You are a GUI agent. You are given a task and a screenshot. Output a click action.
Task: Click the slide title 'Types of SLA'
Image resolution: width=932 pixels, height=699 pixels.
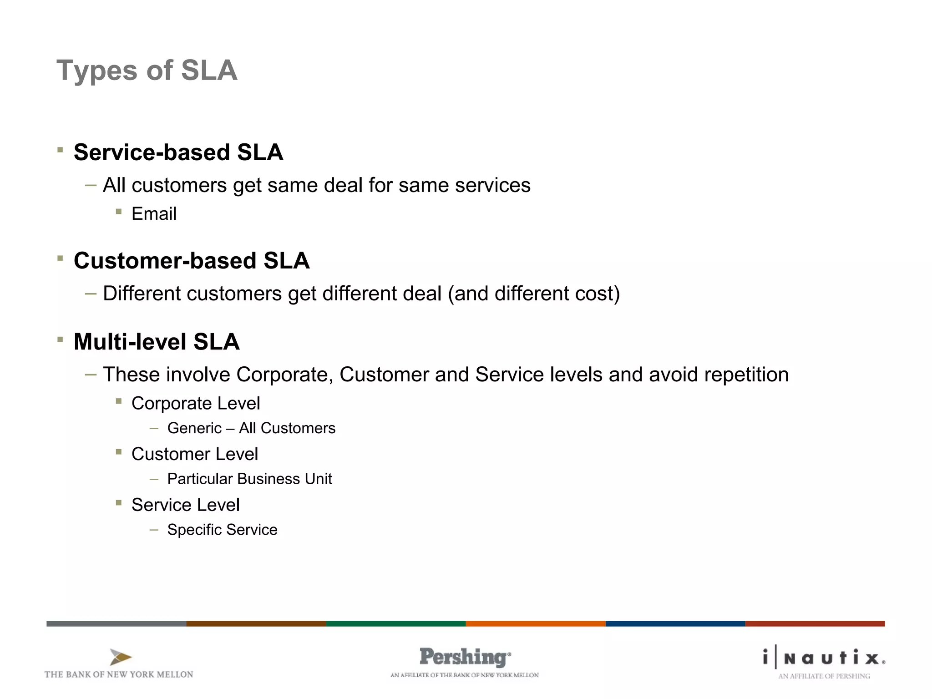[147, 71]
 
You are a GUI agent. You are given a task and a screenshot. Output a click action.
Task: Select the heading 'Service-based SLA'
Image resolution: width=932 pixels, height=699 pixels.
[178, 152]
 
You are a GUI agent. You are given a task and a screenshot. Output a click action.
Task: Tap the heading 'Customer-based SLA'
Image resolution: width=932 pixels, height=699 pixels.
[192, 261]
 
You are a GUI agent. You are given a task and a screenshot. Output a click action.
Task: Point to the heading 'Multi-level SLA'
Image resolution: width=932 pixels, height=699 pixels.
[157, 342]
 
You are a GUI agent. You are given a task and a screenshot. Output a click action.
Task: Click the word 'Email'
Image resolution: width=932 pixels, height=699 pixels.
[154, 214]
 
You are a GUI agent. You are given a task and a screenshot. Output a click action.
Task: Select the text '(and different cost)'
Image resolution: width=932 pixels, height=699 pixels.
[534, 294]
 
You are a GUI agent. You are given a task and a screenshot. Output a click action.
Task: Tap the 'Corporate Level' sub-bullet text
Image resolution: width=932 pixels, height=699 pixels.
[196, 403]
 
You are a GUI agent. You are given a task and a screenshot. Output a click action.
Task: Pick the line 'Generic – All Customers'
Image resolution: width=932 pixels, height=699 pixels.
[251, 428]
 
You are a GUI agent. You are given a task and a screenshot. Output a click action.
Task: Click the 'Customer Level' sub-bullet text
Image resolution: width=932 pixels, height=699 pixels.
[195, 454]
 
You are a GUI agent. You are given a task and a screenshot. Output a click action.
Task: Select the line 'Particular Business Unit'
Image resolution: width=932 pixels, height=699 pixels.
[249, 479]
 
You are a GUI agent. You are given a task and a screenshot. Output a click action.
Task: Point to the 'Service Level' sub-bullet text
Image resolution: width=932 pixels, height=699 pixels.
[185, 505]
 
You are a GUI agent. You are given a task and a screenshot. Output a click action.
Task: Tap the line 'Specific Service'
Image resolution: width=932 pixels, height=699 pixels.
[222, 530]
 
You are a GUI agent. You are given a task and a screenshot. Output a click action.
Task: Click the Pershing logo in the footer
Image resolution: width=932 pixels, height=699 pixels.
[465, 658]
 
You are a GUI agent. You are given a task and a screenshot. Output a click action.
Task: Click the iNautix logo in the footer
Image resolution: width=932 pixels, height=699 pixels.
[824, 658]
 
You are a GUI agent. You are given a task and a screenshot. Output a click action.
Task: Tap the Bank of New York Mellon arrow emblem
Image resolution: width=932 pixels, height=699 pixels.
[120, 657]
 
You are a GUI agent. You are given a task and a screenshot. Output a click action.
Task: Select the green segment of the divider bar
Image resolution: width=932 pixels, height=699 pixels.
[395, 623]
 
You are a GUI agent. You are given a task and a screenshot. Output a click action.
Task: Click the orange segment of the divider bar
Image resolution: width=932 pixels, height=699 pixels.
[535, 623]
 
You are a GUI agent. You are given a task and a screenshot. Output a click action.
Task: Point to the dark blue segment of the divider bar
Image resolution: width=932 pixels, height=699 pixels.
[675, 623]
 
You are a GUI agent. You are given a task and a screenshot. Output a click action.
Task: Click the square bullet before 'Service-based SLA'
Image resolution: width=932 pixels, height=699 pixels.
[60, 150]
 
